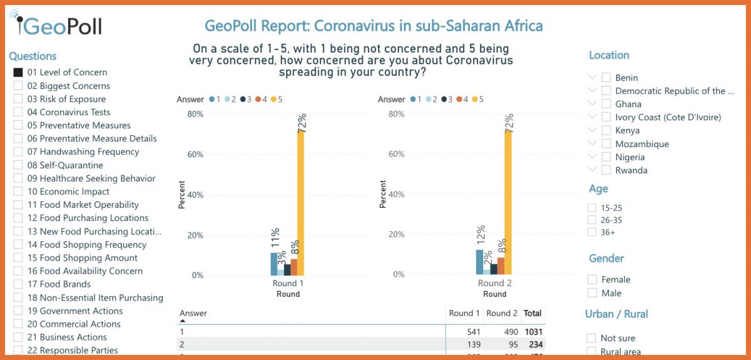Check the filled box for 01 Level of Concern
[x=18, y=73]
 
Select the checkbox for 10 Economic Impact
[x=18, y=192]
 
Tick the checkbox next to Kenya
[x=606, y=130]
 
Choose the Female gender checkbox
[x=592, y=279]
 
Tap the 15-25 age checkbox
[x=592, y=207]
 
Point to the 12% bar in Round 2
[x=479, y=262]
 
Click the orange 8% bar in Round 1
[x=294, y=267]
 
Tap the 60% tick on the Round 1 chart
[x=196, y=155]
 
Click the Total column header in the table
[x=533, y=313]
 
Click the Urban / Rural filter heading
[x=616, y=314]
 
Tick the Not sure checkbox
[x=591, y=338]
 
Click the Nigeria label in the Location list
[x=630, y=157]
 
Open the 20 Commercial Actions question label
[x=74, y=324]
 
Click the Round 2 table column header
[x=502, y=313]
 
